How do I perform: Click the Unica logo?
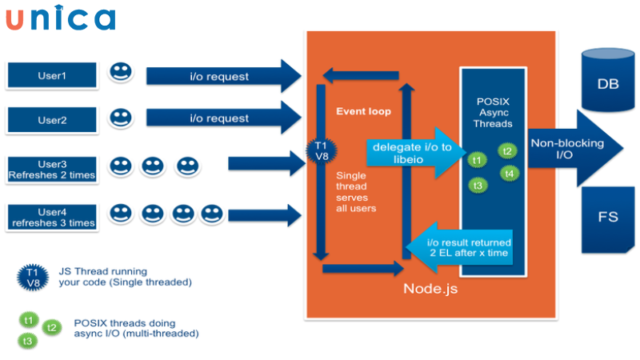click(x=60, y=18)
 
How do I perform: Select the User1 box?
click(x=53, y=75)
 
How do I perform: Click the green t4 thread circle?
click(x=510, y=173)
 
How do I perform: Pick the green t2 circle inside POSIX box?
click(x=506, y=150)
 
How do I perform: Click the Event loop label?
click(x=363, y=111)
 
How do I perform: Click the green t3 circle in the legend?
click(x=30, y=341)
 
